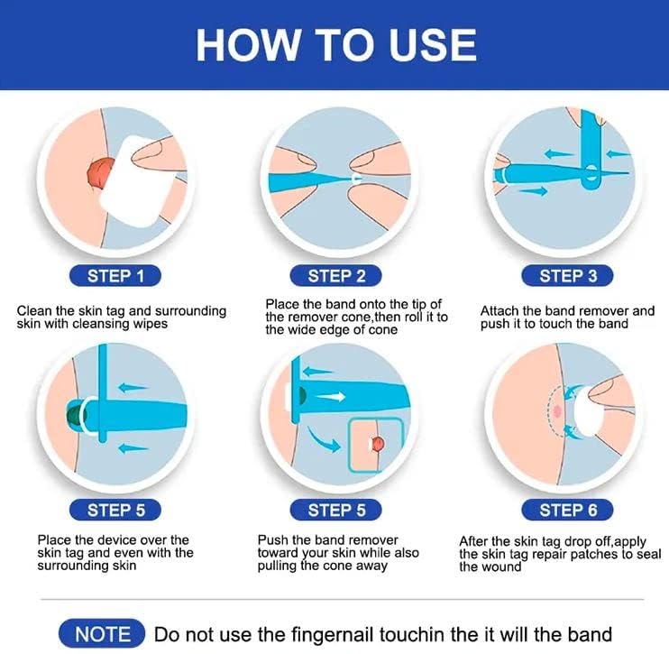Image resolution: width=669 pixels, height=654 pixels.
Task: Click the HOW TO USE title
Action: tap(335, 42)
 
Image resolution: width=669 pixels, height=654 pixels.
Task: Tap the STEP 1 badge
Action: tap(115, 276)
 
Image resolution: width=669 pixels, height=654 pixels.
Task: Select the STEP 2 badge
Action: tap(336, 276)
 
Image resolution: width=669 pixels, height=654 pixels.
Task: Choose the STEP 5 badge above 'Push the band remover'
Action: tap(336, 510)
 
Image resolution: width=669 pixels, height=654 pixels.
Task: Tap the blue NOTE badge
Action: tap(102, 634)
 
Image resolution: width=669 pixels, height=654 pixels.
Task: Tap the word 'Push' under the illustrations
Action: tap(273, 540)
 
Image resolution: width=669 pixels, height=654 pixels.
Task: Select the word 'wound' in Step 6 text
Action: tap(502, 566)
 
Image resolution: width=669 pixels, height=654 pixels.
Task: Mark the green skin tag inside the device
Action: tap(72, 417)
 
